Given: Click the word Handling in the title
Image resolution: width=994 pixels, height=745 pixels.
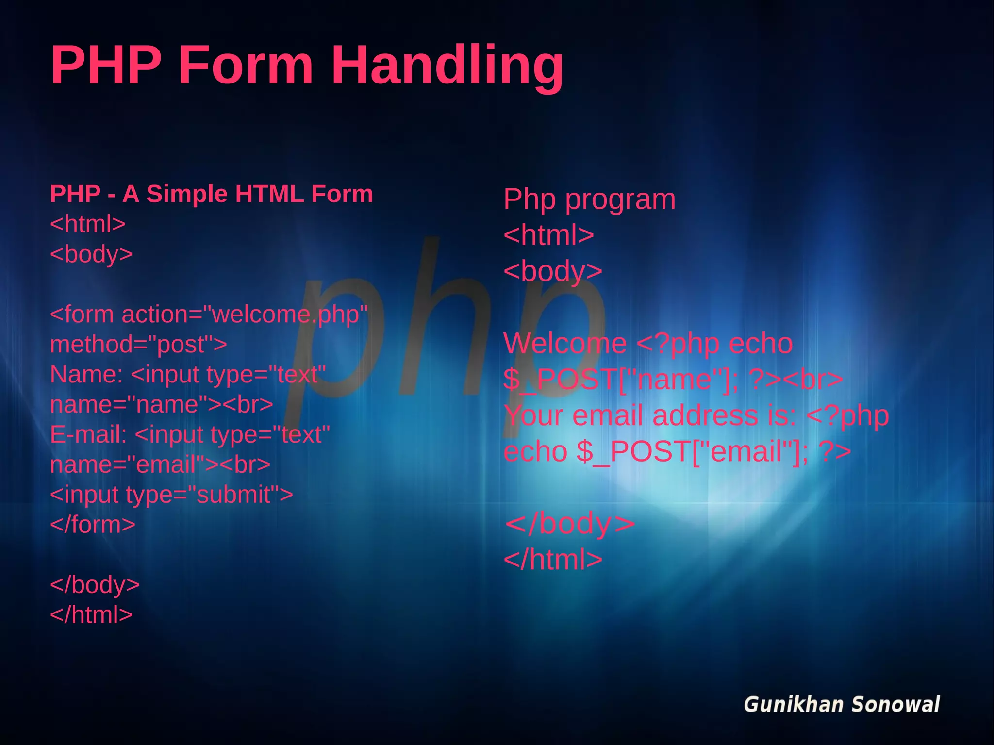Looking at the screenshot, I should pos(447,66).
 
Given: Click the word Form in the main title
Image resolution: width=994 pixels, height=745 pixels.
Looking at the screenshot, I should pos(246,66).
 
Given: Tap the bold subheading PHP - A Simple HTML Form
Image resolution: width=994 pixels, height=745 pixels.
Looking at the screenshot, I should pos(212,194).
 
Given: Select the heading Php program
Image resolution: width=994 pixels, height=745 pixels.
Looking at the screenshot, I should pos(589,199).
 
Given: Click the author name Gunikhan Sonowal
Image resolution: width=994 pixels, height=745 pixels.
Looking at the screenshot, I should pos(842,705).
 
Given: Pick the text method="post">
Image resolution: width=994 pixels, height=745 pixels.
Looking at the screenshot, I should pos(138,345).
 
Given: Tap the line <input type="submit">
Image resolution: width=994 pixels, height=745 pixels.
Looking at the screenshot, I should pos(171,495).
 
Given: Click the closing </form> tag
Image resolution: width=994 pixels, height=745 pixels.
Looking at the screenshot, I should pos(93,525).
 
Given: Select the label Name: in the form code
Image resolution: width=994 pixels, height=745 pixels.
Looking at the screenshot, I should pos(86,375).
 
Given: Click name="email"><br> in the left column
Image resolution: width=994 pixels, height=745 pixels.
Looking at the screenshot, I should pos(160,465).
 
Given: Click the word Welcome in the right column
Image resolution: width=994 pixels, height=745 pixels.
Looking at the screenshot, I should pos(565,344).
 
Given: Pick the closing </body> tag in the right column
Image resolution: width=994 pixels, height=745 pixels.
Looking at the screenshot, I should pos(570,524).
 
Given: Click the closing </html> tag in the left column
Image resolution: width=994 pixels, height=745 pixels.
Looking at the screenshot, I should pos(91,615).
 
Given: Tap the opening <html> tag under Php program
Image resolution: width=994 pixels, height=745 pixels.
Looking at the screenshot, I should pos(548,235).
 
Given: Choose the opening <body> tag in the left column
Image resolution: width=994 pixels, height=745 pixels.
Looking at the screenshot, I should pos(91,254).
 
